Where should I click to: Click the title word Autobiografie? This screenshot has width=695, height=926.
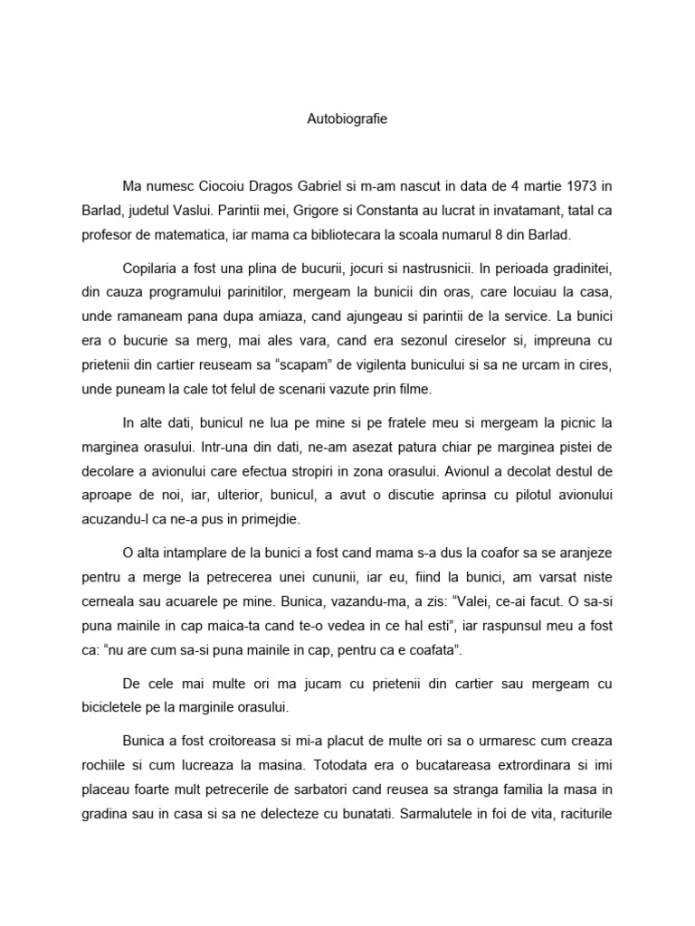pos(347,118)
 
